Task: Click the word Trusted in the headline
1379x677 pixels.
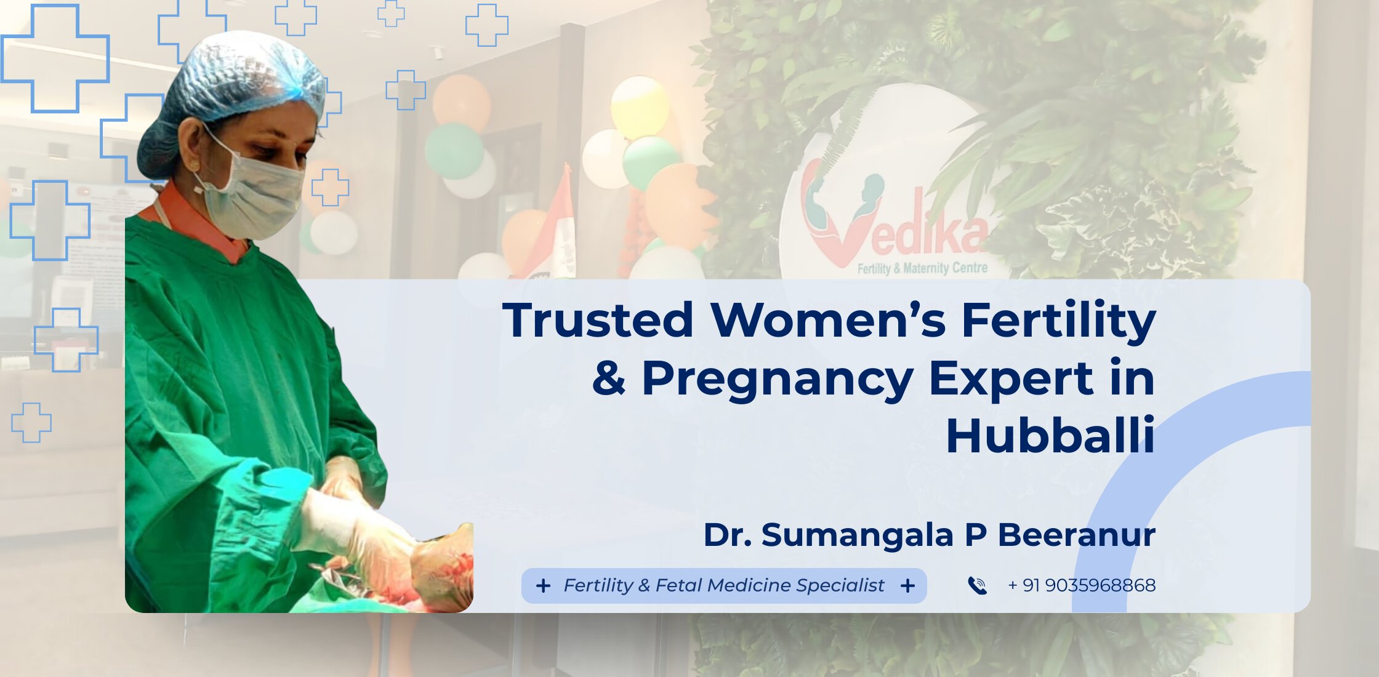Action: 598,319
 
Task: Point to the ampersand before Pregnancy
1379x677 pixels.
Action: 609,377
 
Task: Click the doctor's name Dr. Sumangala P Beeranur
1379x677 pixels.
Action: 930,534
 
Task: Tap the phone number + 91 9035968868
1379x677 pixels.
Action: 1082,585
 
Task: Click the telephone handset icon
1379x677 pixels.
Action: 977,585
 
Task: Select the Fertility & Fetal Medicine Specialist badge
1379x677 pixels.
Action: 724,585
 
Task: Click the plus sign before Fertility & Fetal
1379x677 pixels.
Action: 543,585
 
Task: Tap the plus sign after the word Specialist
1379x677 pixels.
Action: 907,585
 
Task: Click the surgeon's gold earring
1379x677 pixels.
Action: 195,166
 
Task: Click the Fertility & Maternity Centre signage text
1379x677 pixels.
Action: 922,268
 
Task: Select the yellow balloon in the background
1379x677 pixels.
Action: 640,106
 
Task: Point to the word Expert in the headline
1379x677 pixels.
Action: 1010,380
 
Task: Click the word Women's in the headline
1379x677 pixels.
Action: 828,319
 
